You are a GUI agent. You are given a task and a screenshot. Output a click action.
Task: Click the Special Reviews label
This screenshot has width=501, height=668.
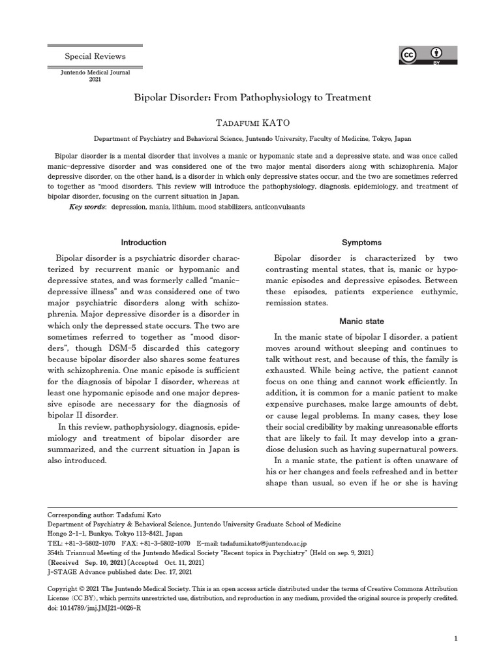95,57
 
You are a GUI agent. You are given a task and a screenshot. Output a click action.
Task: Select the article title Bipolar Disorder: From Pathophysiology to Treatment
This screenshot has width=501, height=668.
252,97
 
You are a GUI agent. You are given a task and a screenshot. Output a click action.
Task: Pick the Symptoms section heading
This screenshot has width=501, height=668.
361,242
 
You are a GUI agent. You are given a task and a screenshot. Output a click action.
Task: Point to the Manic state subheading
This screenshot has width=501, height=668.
361,322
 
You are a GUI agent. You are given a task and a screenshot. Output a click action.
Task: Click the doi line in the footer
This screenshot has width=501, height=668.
95,607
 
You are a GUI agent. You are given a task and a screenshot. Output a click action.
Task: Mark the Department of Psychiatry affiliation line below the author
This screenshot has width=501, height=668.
252,139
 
